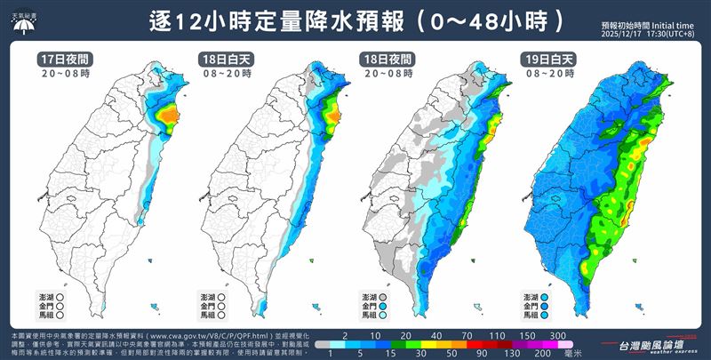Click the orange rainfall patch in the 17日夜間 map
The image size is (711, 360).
coord(166,116)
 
